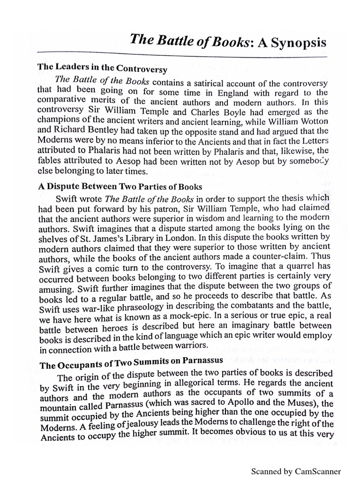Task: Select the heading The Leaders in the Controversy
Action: pyautogui.click(x=102, y=68)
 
